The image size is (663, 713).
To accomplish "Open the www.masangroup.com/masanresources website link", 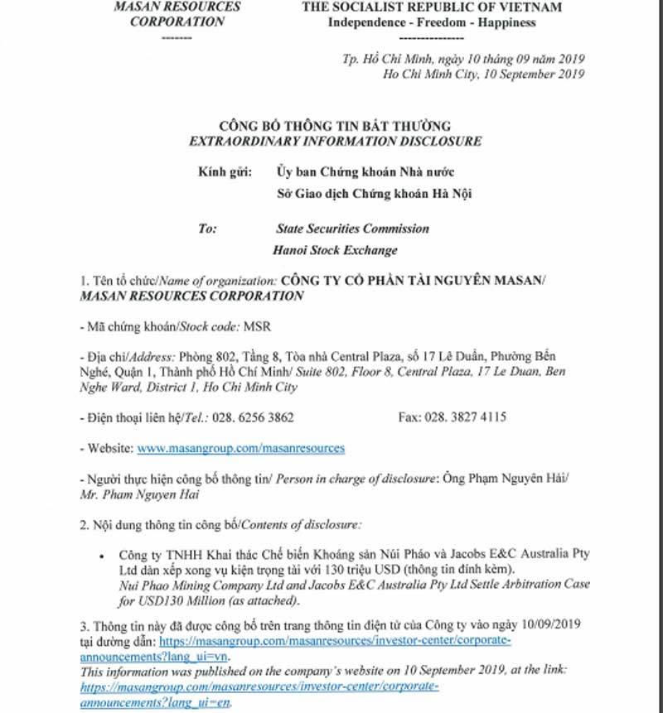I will pyautogui.click(x=240, y=448).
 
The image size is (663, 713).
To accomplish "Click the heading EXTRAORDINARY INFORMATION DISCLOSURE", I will pyautogui.click(x=335, y=142).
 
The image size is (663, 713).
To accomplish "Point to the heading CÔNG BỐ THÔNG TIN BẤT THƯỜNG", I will pyautogui.click(x=335, y=127).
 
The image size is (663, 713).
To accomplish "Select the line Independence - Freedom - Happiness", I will pyautogui.click(x=432, y=22).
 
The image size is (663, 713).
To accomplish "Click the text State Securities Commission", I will pyautogui.click(x=352, y=228).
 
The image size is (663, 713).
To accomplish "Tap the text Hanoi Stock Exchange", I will pyautogui.click(x=335, y=250).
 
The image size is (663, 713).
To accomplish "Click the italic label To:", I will pyautogui.click(x=207, y=228).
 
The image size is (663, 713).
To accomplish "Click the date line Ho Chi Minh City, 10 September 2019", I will pyautogui.click(x=484, y=74).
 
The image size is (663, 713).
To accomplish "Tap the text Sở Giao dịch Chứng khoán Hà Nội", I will pyautogui.click(x=375, y=195).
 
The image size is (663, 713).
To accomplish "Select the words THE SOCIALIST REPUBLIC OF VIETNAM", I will pyautogui.click(x=432, y=7).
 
